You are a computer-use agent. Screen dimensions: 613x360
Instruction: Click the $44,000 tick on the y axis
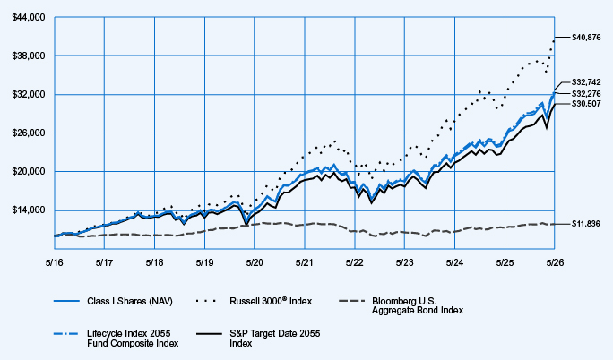click(29, 17)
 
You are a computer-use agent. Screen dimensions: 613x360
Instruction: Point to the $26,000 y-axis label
click(29, 133)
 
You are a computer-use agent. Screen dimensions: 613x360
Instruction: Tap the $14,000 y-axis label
click(29, 210)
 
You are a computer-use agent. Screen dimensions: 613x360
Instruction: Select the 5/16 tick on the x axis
click(55, 262)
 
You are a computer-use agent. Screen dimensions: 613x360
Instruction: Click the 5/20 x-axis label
click(255, 262)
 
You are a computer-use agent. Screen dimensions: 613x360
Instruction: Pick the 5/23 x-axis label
click(404, 262)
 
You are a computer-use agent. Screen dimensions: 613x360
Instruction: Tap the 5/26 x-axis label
click(555, 262)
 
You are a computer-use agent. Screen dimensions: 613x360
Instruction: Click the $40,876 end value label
click(586, 38)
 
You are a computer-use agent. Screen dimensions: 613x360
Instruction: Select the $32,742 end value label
click(586, 82)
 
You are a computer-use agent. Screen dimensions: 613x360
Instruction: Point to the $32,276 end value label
click(586, 94)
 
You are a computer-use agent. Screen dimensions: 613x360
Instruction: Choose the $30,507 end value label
click(586, 104)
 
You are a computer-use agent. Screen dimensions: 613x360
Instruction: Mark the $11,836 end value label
click(585, 224)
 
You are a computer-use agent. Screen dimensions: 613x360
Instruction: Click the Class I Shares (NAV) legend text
click(130, 301)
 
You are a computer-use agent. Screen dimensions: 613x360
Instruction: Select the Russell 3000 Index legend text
click(271, 301)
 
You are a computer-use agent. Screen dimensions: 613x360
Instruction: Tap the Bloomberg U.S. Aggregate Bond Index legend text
click(418, 305)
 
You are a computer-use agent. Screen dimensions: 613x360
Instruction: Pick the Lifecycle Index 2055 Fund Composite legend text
click(133, 339)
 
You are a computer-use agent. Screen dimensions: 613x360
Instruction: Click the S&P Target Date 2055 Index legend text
click(275, 339)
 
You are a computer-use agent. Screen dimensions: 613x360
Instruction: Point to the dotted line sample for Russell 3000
click(205, 301)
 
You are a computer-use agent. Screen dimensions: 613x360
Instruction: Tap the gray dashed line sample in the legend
click(352, 301)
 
